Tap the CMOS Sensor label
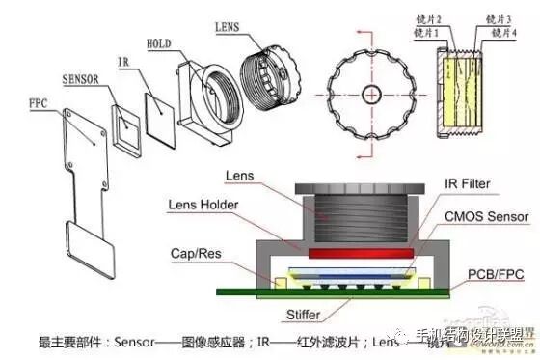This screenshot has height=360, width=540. [479, 218]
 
